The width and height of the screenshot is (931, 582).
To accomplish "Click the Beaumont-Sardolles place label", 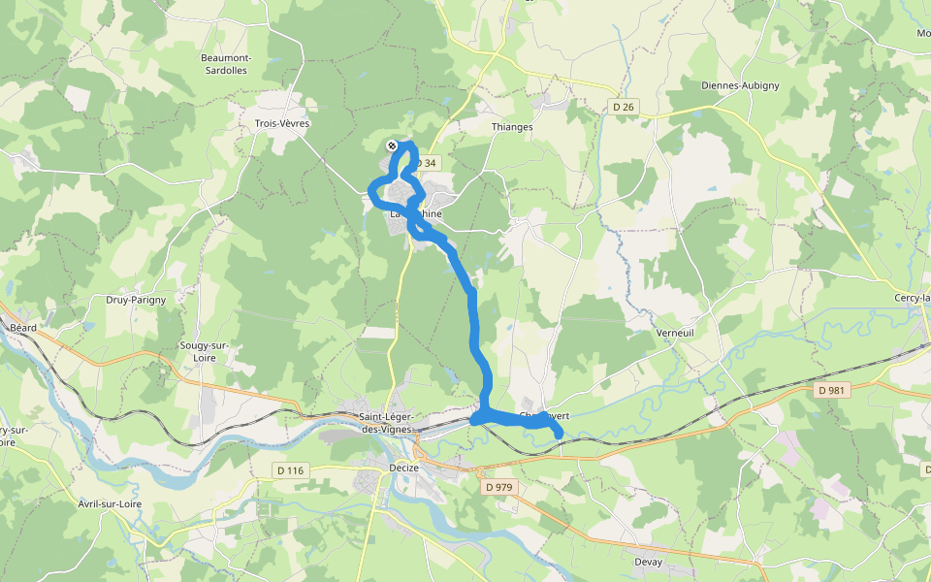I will (226, 63).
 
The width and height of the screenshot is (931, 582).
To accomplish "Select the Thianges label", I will (512, 127).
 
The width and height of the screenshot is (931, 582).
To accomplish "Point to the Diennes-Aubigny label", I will (740, 85).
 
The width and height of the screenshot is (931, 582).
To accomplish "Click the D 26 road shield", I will (624, 106).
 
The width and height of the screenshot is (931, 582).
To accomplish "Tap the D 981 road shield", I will (832, 390).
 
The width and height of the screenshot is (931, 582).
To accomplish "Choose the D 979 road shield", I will (498, 487).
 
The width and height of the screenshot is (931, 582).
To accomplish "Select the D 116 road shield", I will (289, 470).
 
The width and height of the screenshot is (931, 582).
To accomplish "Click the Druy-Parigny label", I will (136, 300).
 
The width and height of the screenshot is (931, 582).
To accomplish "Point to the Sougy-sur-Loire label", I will (204, 351).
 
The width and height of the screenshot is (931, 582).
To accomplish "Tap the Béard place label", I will (23, 328).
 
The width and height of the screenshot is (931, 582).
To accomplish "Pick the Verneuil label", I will (675, 333).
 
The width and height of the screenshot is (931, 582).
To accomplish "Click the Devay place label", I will (648, 563).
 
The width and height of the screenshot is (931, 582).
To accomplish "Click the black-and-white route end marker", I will (392, 145).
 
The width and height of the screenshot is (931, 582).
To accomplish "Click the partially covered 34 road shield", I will (428, 162).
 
